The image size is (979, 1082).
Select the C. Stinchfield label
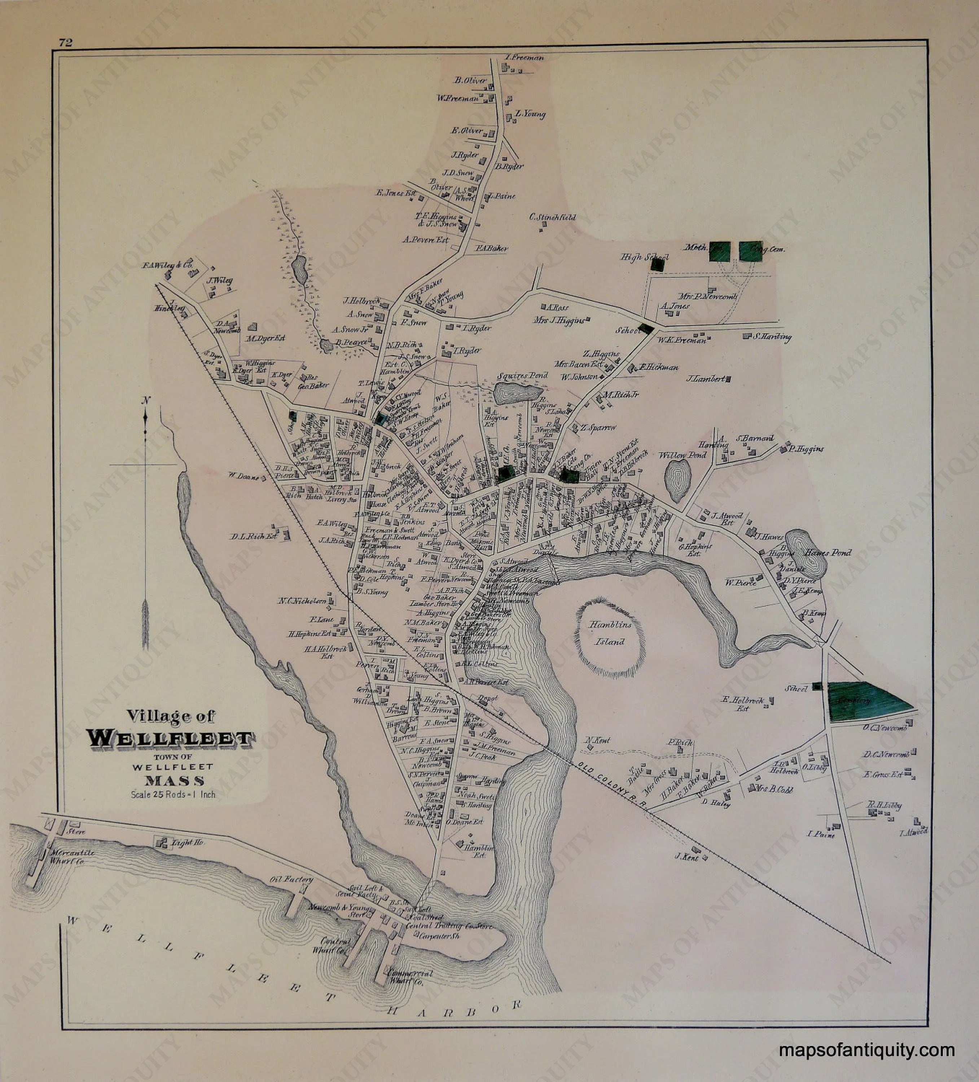point(552,217)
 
